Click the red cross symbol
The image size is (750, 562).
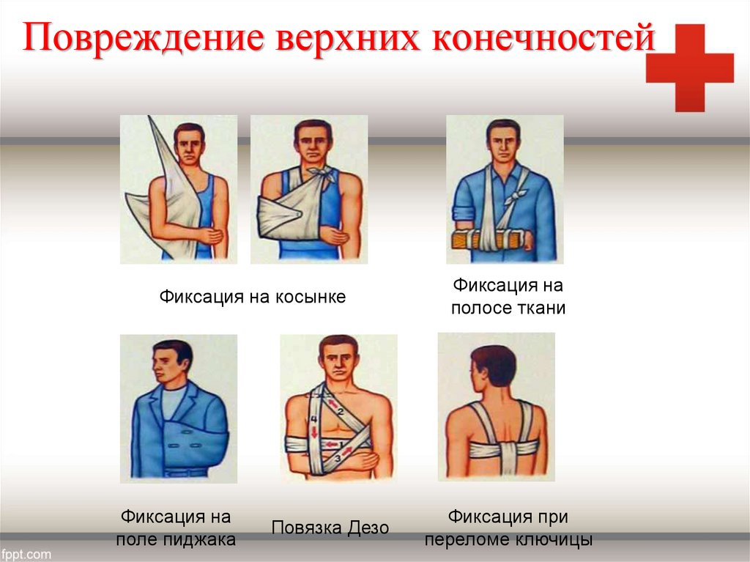point(690,68)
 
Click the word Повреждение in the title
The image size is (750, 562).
point(143,37)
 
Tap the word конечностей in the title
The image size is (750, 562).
point(543,37)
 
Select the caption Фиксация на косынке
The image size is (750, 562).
point(253,297)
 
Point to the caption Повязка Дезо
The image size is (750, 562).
point(330,528)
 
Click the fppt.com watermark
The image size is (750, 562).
point(26,555)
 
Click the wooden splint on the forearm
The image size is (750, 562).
point(491,239)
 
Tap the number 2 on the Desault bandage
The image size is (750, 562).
point(341,411)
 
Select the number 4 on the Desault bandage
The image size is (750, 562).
point(313,419)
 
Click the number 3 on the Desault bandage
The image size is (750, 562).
point(337,458)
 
